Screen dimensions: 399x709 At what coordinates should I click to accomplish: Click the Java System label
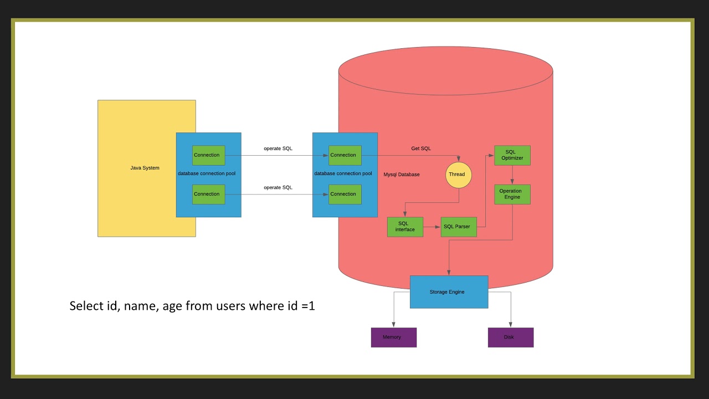click(x=145, y=168)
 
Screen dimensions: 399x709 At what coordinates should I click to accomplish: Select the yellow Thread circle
click(x=458, y=175)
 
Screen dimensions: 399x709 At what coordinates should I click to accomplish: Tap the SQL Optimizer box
click(x=512, y=155)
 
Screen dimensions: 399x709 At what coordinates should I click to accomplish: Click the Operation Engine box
click(x=512, y=194)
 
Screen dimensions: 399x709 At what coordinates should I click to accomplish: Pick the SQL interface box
click(x=405, y=227)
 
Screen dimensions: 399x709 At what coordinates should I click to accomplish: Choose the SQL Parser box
click(x=459, y=227)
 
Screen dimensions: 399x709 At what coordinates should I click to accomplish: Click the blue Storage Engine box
click(x=449, y=292)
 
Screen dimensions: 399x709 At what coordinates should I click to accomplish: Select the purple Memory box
click(x=393, y=337)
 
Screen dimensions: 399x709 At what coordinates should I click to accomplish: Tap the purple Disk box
click(x=510, y=337)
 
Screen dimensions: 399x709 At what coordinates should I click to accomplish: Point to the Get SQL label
click(x=421, y=149)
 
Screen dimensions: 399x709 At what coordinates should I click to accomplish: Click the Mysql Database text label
click(x=402, y=175)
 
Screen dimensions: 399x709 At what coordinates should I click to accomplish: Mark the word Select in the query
click(x=86, y=305)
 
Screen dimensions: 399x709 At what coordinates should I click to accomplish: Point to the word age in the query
click(x=172, y=305)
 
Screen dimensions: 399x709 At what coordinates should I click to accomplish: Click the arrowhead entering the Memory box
click(x=393, y=325)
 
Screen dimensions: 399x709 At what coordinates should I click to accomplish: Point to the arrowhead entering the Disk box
click(x=510, y=325)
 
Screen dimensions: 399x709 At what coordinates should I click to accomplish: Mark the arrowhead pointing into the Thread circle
click(x=458, y=160)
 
